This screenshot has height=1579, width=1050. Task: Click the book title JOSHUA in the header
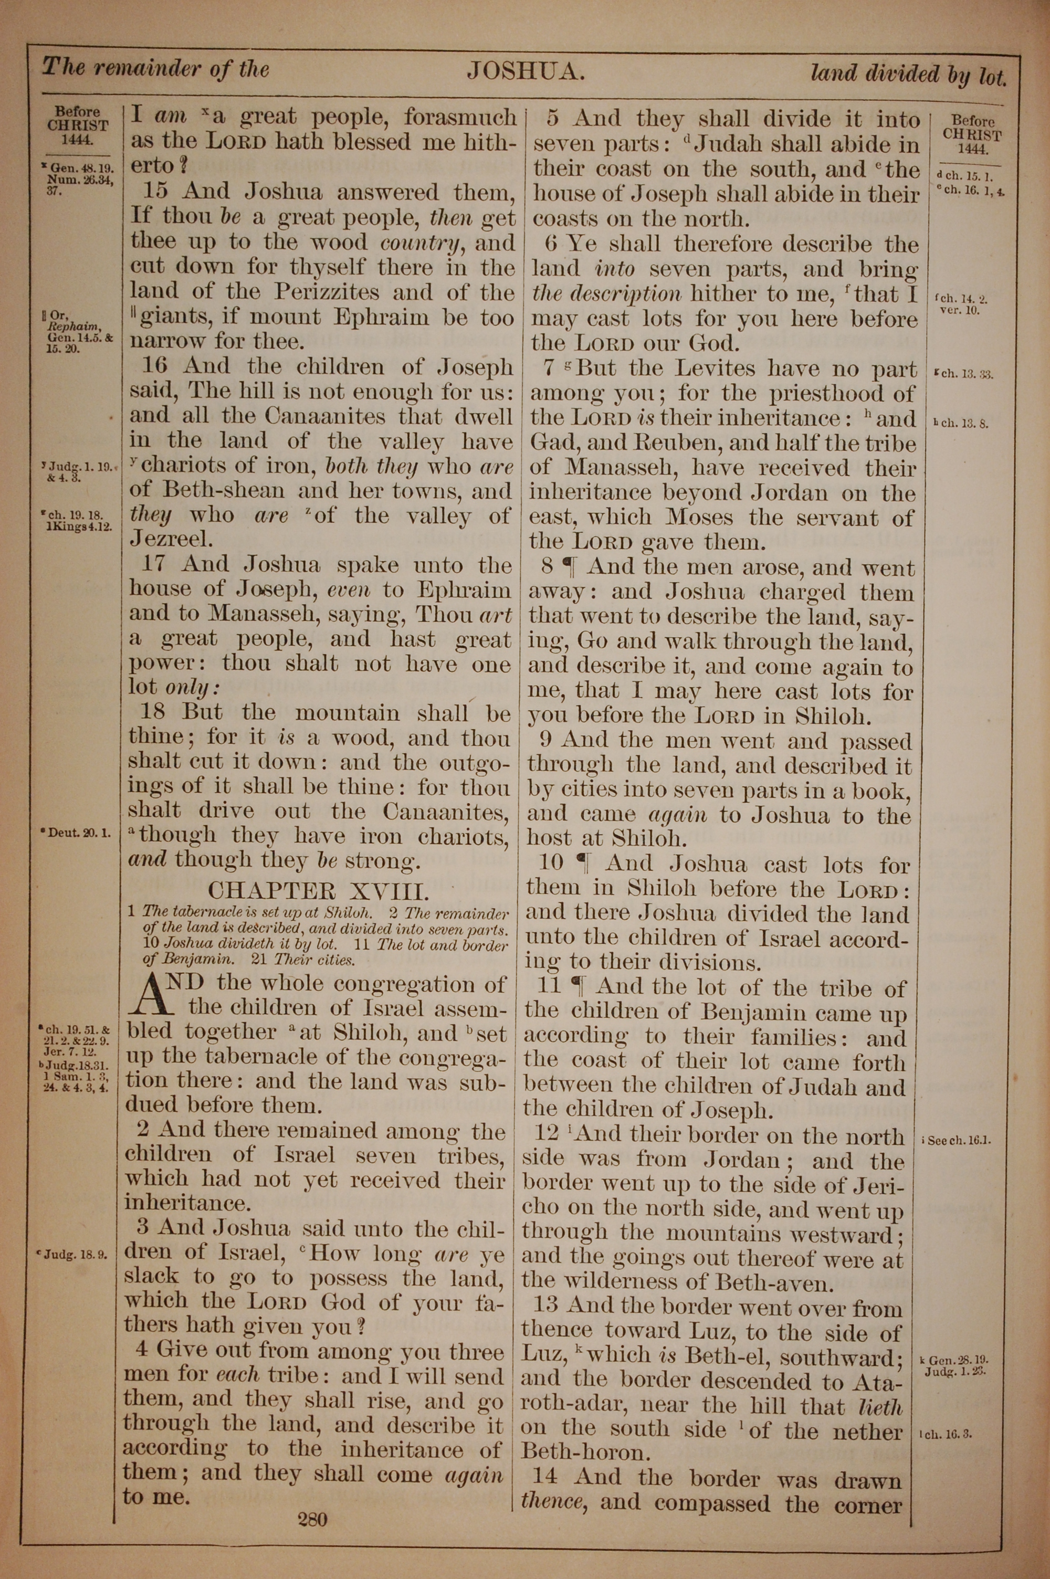(x=525, y=71)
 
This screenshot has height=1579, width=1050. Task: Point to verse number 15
(x=155, y=192)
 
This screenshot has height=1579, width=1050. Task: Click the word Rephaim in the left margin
(x=78, y=327)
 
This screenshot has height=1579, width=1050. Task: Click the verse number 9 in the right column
(x=549, y=740)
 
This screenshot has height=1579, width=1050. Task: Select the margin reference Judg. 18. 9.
(x=75, y=1255)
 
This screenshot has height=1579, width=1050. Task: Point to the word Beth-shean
(x=209, y=491)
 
